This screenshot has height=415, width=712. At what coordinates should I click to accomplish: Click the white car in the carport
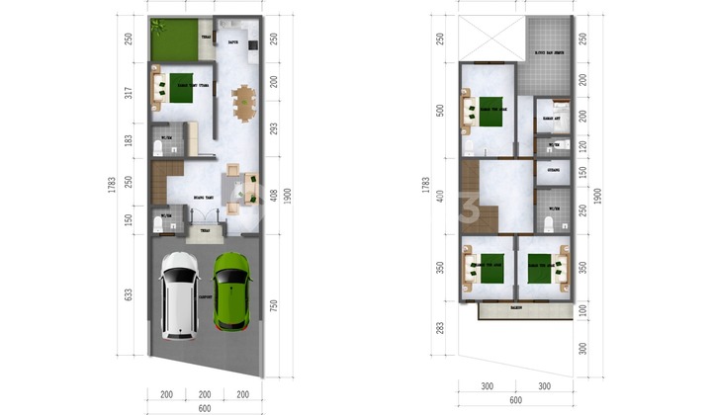180,293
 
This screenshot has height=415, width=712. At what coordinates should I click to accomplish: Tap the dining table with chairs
242,102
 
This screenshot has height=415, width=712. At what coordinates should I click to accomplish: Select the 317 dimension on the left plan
128,94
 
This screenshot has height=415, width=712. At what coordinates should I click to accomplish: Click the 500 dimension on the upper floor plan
441,109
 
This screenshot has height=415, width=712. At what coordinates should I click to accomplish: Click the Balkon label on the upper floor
516,310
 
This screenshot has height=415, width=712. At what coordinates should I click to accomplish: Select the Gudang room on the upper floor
551,170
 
